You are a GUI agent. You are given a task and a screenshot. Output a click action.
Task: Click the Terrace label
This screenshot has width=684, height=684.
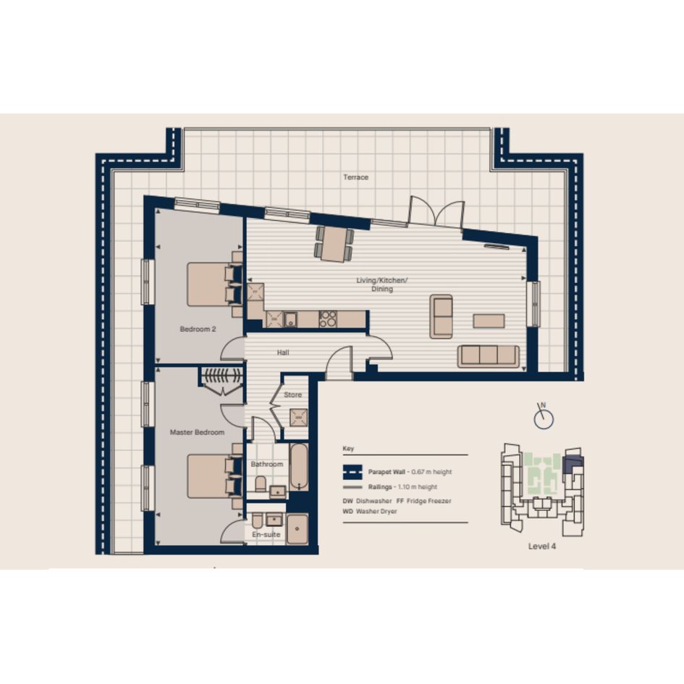355,177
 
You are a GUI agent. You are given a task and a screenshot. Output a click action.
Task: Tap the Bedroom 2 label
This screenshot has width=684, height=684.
198,329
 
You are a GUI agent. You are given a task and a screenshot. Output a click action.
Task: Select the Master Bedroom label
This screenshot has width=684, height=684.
197,432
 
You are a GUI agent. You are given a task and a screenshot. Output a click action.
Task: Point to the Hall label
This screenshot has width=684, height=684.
283,352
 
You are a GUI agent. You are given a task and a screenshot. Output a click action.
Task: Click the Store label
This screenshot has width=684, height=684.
292,394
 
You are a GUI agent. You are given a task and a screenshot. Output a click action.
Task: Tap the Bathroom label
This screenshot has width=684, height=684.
267,464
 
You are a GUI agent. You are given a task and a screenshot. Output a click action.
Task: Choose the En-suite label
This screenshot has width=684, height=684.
266,534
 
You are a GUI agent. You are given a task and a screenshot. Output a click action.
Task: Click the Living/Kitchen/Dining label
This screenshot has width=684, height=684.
381,284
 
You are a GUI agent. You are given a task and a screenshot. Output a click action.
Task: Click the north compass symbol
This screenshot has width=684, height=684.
544,417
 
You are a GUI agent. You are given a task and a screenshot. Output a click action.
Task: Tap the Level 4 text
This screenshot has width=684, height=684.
542,546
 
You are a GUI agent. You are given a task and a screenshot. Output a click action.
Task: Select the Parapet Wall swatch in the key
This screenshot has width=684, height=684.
352,472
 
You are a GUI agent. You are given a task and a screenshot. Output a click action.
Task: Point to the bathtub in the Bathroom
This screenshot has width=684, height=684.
299,467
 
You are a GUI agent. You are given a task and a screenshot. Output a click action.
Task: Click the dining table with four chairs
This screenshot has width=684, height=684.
334,244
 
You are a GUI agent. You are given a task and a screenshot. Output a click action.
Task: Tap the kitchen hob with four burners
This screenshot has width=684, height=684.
328,318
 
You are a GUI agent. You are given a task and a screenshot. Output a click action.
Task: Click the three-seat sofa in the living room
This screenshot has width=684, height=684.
489,356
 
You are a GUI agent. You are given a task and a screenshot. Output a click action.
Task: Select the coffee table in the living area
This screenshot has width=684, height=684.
489,321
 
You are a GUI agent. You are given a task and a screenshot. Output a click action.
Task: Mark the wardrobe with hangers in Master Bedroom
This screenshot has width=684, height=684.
222,379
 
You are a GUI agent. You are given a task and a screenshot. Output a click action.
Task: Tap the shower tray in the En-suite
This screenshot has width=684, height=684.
297,529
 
